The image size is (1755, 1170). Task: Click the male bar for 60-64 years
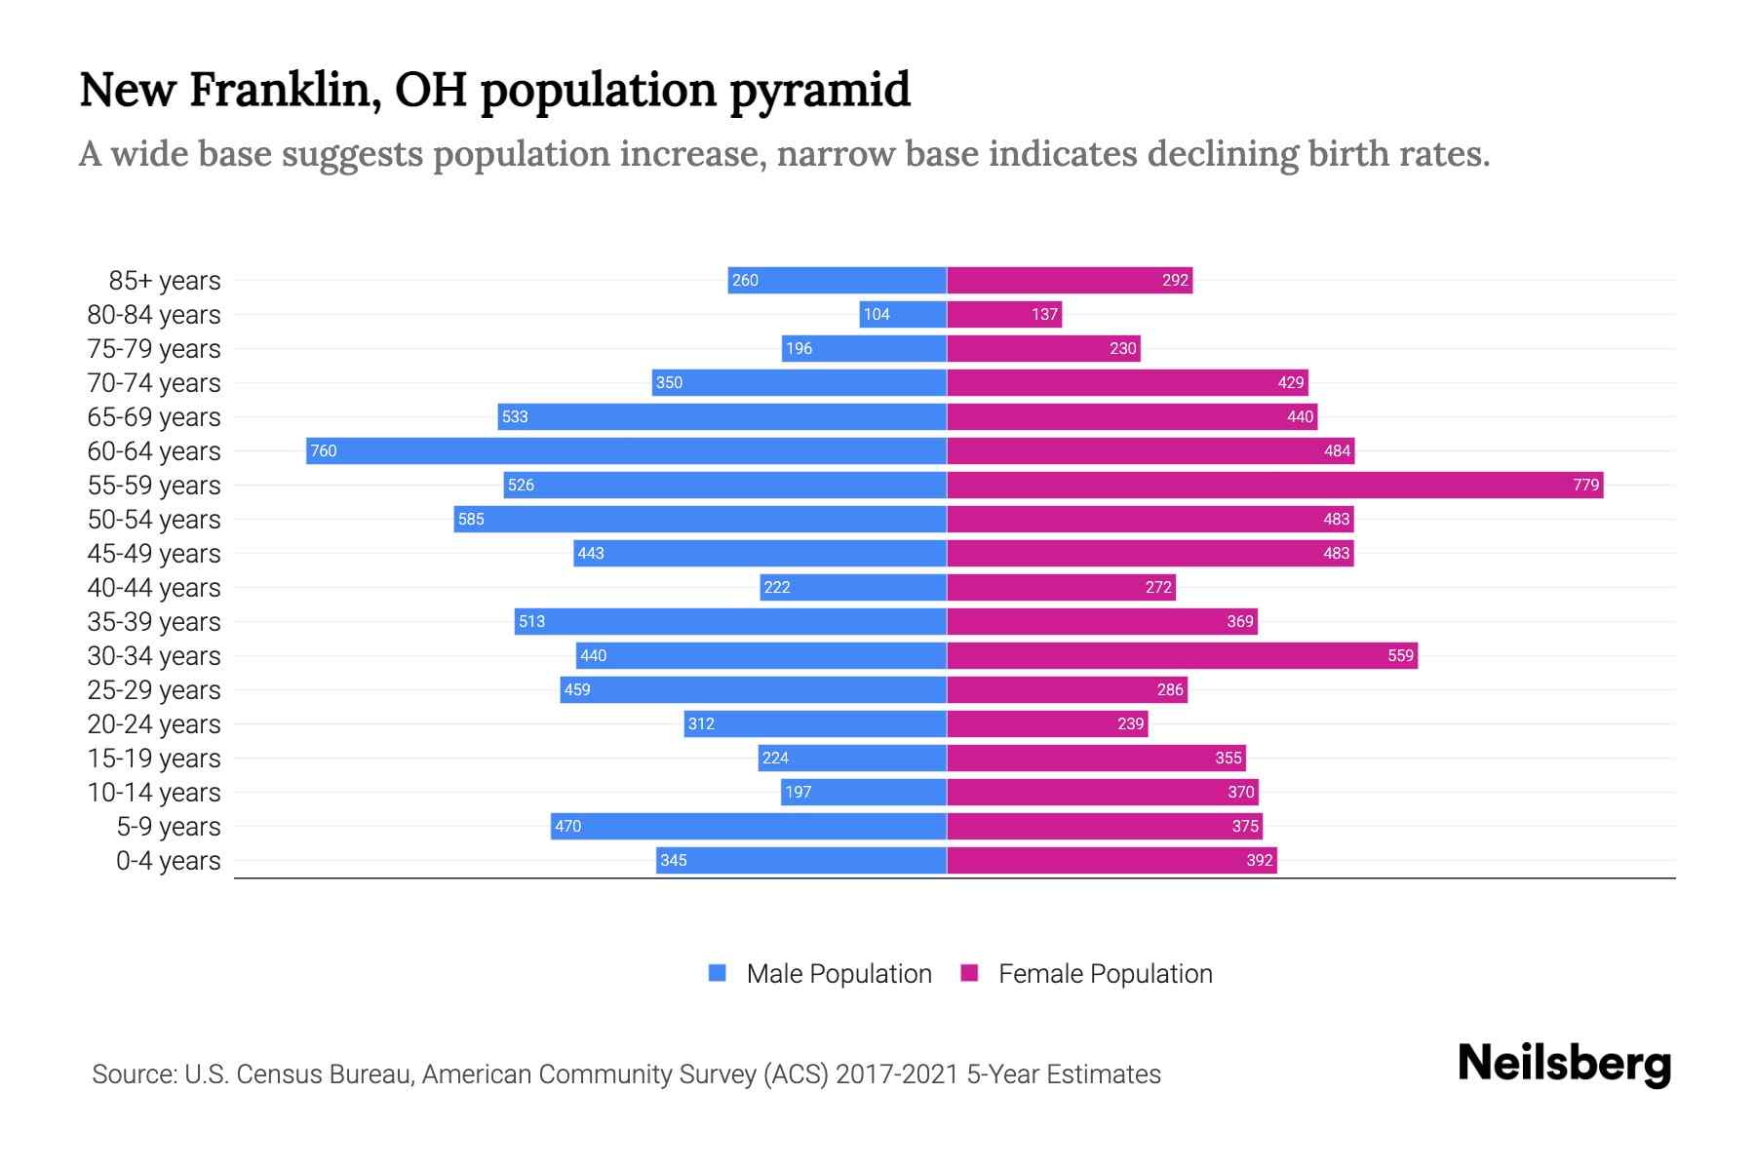click(626, 450)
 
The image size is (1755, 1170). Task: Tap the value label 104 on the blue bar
click(877, 314)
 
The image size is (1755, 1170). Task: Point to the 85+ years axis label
click(164, 281)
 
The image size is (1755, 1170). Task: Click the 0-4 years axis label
click(168, 861)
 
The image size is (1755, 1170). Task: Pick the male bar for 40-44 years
click(853, 587)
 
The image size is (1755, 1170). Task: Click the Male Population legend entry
click(838, 974)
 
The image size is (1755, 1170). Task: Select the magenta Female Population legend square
click(969, 973)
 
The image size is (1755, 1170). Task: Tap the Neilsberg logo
click(1564, 1064)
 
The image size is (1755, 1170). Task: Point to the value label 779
click(1585, 485)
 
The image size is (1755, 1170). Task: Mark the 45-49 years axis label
click(154, 554)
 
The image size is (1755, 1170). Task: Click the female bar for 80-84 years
click(1004, 314)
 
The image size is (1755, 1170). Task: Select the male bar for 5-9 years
click(749, 826)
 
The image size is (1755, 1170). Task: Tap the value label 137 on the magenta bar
click(1044, 314)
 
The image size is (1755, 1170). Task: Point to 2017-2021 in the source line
click(897, 1074)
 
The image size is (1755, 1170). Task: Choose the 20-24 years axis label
click(154, 724)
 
